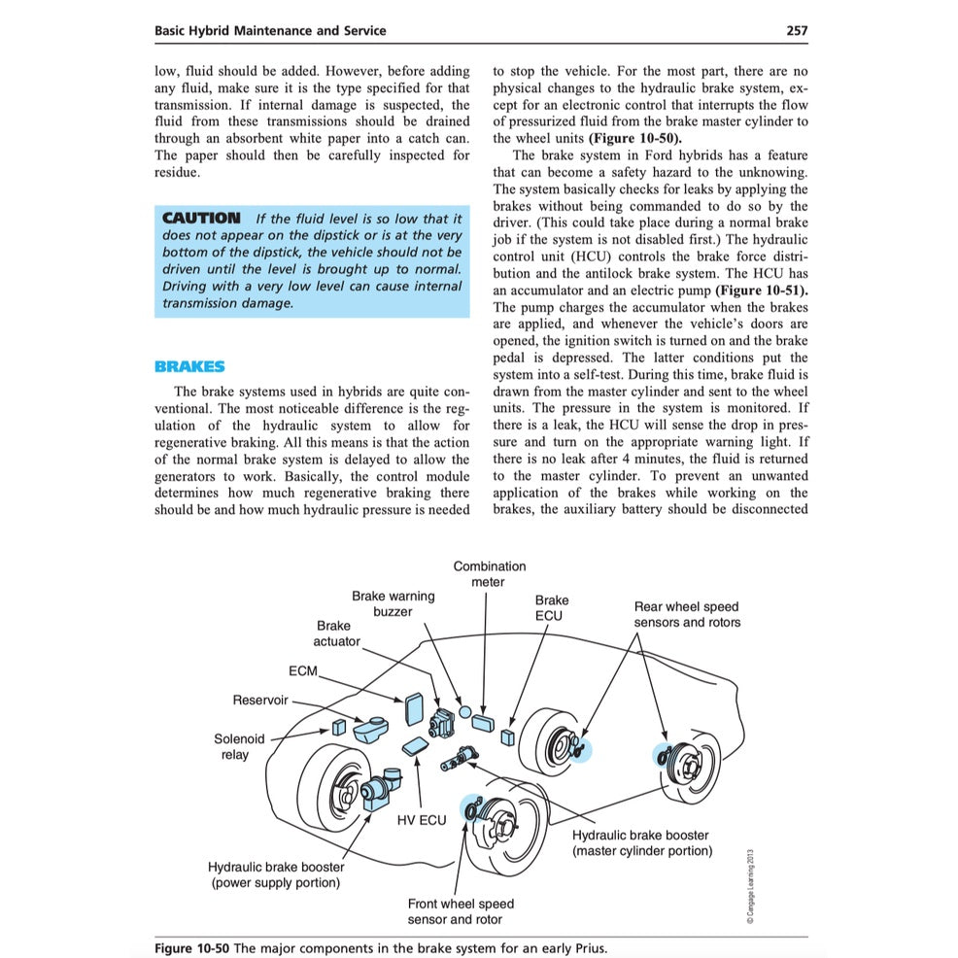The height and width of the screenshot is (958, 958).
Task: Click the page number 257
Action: point(796,30)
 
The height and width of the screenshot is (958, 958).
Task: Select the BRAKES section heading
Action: point(189,366)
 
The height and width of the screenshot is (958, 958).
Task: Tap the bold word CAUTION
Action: point(201,219)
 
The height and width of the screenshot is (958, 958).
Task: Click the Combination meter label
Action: point(489,573)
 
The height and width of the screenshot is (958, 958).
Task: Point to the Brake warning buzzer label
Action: point(393,603)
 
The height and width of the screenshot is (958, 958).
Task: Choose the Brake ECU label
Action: point(551,607)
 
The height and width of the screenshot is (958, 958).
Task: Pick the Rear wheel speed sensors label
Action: point(686,614)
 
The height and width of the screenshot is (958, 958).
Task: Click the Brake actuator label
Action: point(335,633)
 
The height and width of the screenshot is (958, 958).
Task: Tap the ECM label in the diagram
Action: point(303,672)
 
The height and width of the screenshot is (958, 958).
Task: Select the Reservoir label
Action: point(259,700)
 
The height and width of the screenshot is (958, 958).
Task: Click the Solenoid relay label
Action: point(238,746)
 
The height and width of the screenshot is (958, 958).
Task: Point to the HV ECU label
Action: point(422,820)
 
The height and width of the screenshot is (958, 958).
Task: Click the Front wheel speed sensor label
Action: point(461,910)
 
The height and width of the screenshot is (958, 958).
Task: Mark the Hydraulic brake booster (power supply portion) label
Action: point(275,874)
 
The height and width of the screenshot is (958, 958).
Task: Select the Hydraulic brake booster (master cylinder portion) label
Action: point(641,842)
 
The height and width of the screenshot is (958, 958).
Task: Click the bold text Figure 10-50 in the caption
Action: point(191,948)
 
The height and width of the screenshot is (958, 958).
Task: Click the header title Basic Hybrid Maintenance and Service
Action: point(270,30)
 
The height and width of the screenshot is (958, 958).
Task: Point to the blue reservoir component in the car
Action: point(370,727)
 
